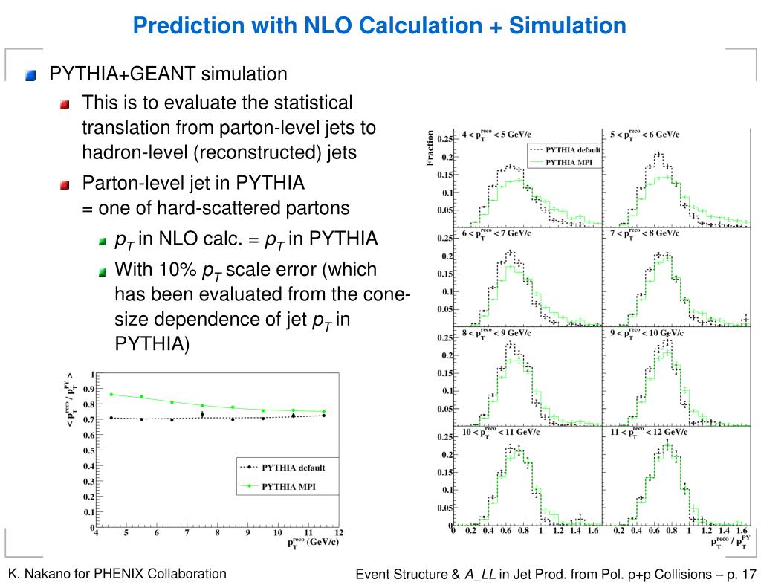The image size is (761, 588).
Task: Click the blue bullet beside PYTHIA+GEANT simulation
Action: point(30,75)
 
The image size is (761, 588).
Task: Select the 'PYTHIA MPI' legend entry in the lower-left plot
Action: point(285,487)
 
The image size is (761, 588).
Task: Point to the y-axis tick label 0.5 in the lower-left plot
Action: point(88,450)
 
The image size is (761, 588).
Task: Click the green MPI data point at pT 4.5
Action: point(111,395)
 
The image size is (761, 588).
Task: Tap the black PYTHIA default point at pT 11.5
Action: point(323,416)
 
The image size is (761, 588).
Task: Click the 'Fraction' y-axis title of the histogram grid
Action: point(430,149)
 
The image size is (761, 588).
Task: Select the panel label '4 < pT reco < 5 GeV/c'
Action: point(496,135)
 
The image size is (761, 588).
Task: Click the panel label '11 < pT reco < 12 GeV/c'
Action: point(648,431)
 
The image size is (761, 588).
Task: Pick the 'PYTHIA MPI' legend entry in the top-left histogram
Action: point(573,161)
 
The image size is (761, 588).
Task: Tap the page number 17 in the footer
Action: point(748,574)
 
